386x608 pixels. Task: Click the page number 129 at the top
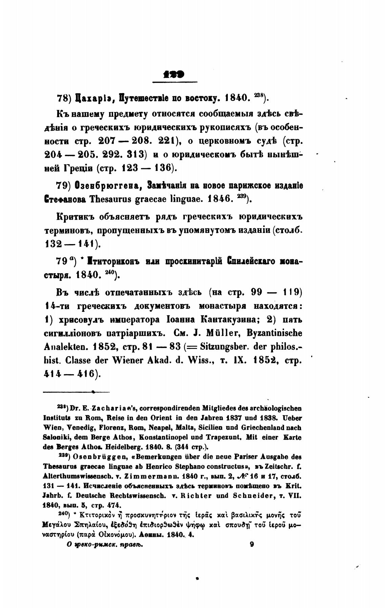[175, 75]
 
